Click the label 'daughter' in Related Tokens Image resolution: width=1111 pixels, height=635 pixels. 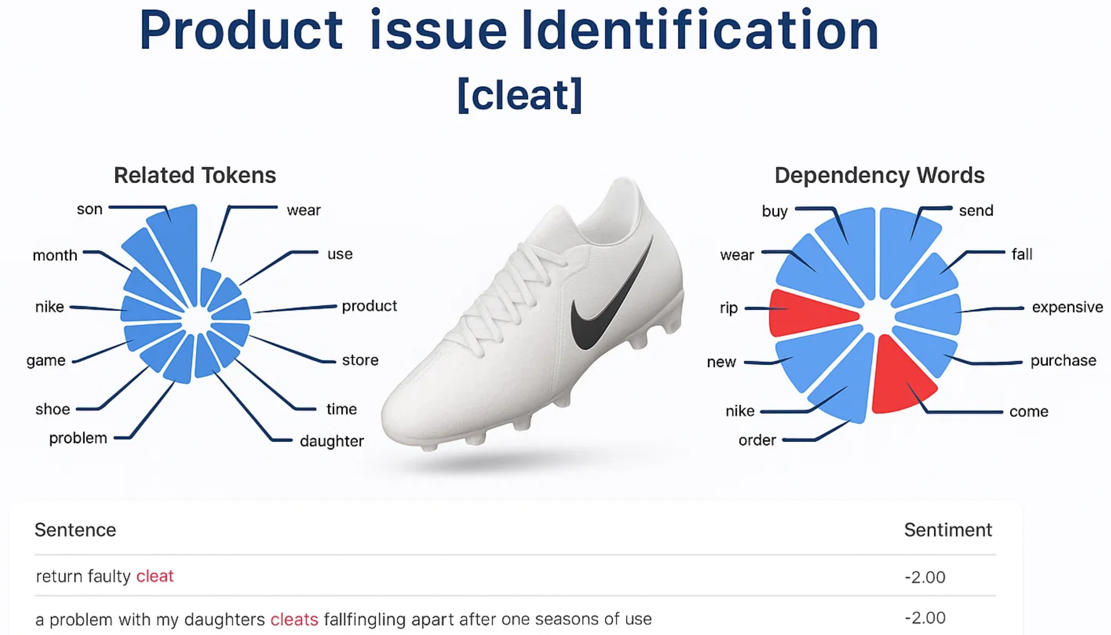pos(332,441)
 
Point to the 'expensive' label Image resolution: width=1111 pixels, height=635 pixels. pos(1067,307)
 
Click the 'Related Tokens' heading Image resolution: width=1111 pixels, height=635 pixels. pos(195,175)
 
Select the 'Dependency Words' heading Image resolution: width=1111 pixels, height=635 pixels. pos(879,175)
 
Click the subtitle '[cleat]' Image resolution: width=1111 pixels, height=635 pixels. pos(520,95)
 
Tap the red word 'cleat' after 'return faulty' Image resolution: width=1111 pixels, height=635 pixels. pos(155,576)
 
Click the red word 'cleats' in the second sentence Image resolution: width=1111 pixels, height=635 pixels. pos(294,619)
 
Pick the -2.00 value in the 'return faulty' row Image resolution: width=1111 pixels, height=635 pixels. pos(924,577)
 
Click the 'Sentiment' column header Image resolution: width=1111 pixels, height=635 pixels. pos(948,530)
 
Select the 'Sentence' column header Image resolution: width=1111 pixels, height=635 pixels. pos(75,530)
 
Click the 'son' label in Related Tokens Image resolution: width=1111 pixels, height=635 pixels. pos(89,209)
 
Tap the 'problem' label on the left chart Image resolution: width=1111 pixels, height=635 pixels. pos(78,438)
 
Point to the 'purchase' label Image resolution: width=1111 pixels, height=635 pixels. pos(1063,361)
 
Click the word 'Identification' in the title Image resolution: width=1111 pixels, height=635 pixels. pos(700,30)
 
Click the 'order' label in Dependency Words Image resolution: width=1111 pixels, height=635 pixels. pos(757,440)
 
